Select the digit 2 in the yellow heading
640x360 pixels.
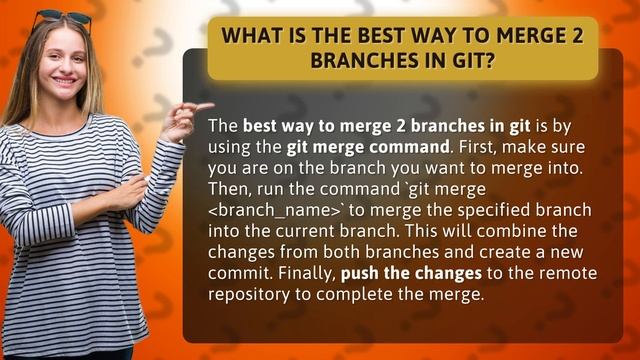tap(579, 37)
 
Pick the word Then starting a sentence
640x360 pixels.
tap(227, 187)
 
